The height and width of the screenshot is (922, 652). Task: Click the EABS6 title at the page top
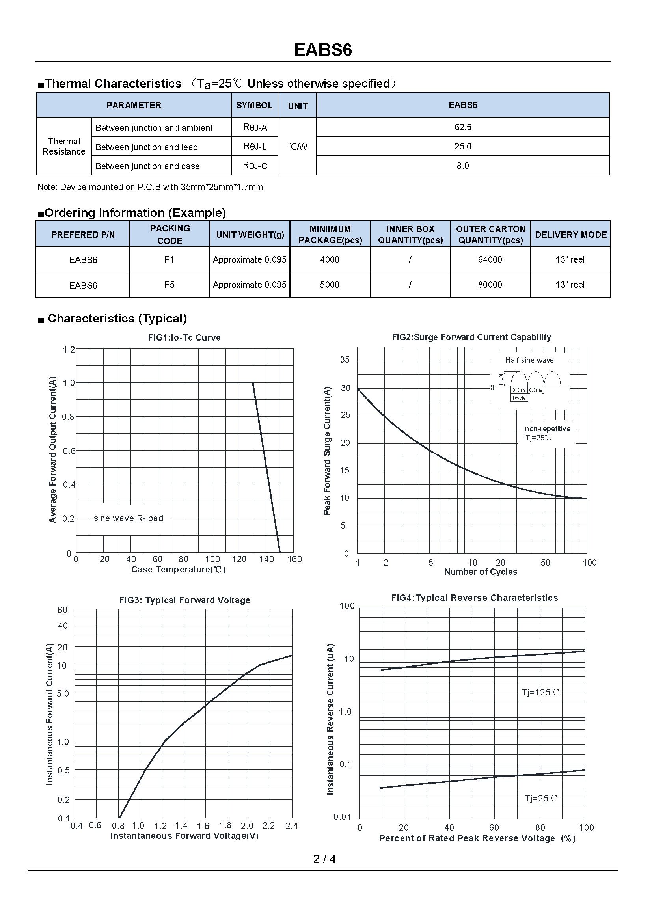(x=323, y=50)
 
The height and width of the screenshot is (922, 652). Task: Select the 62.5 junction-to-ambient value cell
(x=462, y=127)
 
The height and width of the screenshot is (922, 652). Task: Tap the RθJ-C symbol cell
(x=255, y=166)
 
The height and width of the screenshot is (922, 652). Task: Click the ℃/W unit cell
(x=298, y=147)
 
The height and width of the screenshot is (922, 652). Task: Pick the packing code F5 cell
(x=170, y=285)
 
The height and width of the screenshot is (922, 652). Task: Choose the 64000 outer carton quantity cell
(x=490, y=259)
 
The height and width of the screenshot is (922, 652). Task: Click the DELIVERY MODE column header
(x=570, y=235)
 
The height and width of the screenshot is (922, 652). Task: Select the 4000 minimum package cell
(x=330, y=259)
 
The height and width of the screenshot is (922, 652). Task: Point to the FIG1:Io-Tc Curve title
(x=184, y=337)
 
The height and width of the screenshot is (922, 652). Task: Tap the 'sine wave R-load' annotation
(x=129, y=518)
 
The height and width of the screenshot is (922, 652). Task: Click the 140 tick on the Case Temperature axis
(x=266, y=559)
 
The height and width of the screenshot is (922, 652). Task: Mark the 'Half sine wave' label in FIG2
(x=529, y=360)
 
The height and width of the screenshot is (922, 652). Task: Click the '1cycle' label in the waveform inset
(x=519, y=398)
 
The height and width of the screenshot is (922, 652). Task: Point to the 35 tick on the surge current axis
(x=345, y=360)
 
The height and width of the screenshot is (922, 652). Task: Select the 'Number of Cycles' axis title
(x=481, y=572)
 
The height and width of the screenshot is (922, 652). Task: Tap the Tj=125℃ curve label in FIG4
(x=540, y=692)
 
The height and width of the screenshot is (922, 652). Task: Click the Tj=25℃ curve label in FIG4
(x=541, y=798)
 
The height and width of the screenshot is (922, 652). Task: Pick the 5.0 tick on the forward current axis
(x=63, y=693)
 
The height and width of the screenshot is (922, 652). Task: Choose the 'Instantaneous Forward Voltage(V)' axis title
(x=184, y=836)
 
